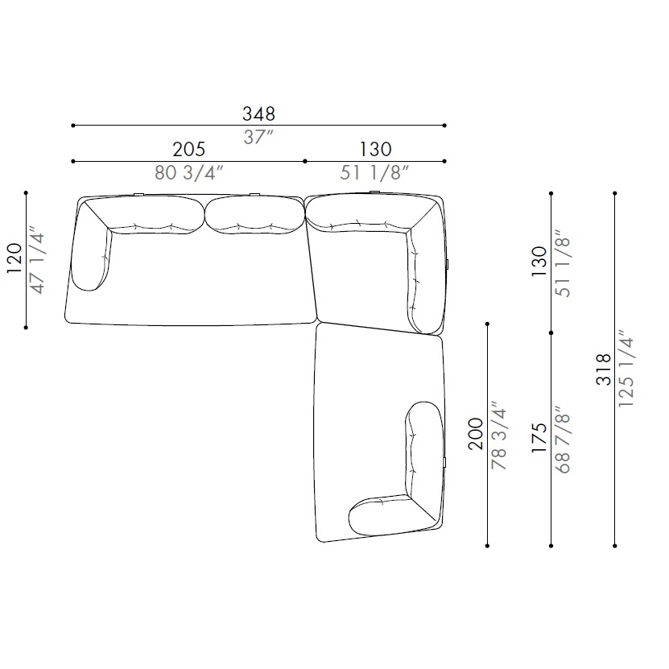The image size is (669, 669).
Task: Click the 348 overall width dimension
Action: point(258,114)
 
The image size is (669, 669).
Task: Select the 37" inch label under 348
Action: point(258,138)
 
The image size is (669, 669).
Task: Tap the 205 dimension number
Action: point(188,149)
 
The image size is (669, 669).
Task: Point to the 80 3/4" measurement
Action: point(188,173)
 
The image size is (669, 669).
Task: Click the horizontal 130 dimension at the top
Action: point(375,149)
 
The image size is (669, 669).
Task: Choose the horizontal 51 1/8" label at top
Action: point(374,173)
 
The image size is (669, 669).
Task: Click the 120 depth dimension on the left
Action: point(14,258)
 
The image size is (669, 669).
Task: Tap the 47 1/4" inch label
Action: point(37,262)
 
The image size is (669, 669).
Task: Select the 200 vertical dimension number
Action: point(476,434)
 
